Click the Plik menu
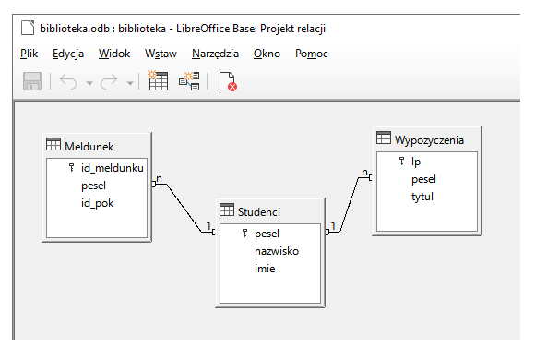click(x=29, y=54)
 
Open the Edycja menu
click(x=68, y=54)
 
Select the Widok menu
click(x=114, y=54)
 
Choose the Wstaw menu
click(x=160, y=54)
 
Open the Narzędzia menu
click(x=216, y=54)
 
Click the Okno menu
click(x=267, y=54)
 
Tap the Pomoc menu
click(x=312, y=54)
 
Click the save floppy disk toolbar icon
click(x=32, y=82)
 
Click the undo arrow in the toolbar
click(x=67, y=82)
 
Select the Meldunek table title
click(x=89, y=145)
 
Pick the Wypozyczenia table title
click(x=429, y=139)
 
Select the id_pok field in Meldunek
click(x=97, y=202)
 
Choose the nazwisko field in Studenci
click(x=276, y=251)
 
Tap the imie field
click(x=266, y=268)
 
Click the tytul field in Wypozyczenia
click(x=422, y=196)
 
